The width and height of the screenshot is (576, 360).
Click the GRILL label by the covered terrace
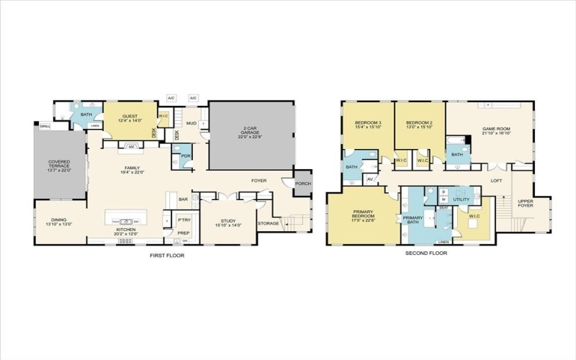[x=45, y=127]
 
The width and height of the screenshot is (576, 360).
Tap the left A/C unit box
[x=171, y=98]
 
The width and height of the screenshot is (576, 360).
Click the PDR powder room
[x=186, y=156]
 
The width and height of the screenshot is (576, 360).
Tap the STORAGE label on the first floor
[x=268, y=223]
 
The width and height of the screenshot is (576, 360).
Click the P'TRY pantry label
[x=184, y=221]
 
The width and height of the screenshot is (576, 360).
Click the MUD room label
[x=192, y=123]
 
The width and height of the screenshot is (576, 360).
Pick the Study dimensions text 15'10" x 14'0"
[x=227, y=225]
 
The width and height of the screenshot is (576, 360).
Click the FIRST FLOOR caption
[x=165, y=256]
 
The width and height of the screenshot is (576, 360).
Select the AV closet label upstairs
[x=370, y=179]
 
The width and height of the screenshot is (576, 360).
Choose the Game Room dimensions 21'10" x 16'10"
[x=496, y=133]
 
